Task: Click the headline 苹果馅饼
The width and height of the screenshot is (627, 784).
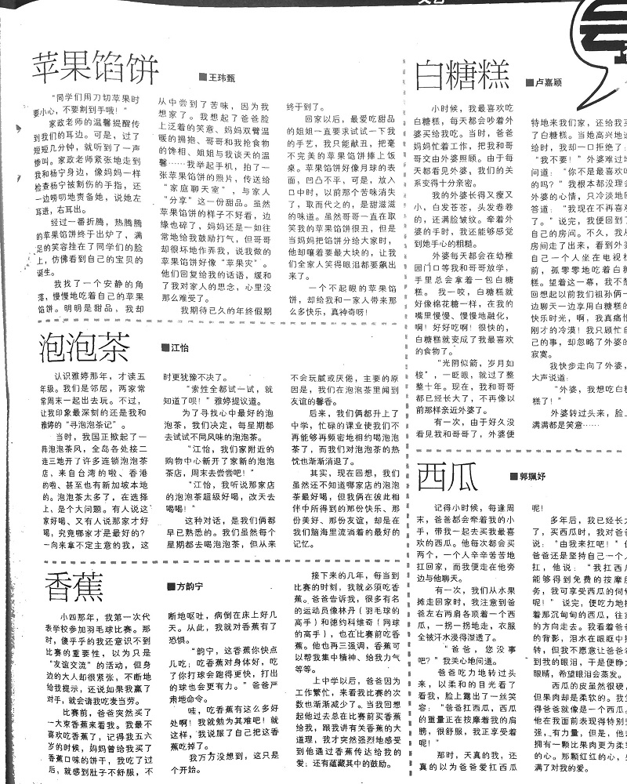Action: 96,69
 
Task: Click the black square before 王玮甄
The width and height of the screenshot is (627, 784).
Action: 202,78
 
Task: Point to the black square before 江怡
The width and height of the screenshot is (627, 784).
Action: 165,347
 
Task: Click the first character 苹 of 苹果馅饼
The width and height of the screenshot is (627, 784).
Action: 49,69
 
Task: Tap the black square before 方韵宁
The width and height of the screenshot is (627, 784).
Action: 169,586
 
